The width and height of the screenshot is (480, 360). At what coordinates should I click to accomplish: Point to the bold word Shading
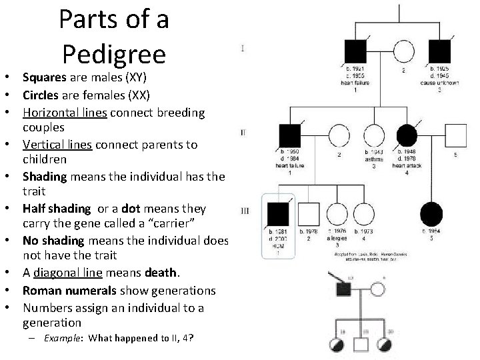click(x=43, y=177)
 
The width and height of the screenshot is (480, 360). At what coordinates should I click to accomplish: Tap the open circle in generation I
click(x=403, y=51)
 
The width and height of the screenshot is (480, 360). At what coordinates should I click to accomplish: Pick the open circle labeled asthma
click(x=374, y=136)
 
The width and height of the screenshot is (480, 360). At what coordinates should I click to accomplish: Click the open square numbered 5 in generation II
click(x=456, y=136)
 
